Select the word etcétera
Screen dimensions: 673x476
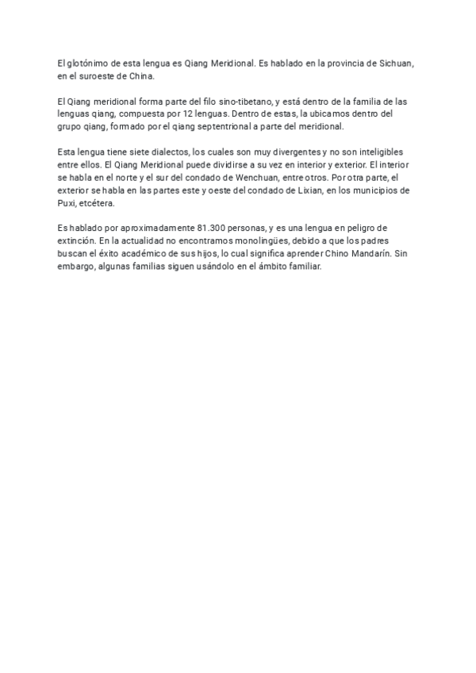coord(101,203)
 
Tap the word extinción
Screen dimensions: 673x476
coord(78,241)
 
